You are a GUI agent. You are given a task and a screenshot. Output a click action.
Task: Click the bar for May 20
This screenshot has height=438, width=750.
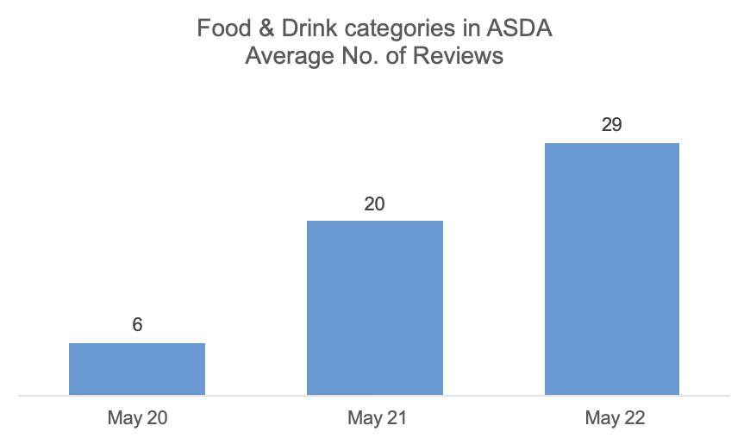137,369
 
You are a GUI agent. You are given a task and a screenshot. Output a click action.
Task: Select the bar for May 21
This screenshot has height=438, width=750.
375,308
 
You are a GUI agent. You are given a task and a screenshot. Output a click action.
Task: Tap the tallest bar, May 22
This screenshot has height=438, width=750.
612,269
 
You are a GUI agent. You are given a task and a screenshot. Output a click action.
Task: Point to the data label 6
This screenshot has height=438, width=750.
137,325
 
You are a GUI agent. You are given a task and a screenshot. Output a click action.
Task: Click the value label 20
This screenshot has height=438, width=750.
375,204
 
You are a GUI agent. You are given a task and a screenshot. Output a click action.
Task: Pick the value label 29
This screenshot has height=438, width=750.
612,126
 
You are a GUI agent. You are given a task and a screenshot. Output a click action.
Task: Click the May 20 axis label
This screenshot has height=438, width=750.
137,419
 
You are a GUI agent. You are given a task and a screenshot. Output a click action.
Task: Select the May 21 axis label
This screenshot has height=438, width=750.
375,419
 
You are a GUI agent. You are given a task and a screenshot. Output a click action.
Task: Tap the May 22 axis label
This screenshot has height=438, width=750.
613,419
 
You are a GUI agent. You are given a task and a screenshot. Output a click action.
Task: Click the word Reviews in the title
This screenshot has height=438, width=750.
458,57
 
